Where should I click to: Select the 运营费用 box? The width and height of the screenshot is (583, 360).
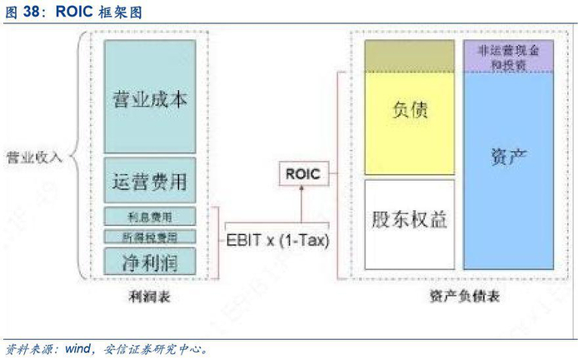pyautogui.click(x=150, y=179)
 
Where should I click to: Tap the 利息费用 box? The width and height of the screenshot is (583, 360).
pyautogui.click(x=150, y=217)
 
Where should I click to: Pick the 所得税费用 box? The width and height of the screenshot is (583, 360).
pyautogui.click(x=150, y=237)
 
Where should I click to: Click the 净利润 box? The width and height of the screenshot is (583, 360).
pyautogui.click(x=150, y=262)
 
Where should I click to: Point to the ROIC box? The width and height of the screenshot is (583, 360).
pyautogui.click(x=302, y=175)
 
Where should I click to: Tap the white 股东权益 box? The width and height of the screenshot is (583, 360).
pyautogui.click(x=410, y=221)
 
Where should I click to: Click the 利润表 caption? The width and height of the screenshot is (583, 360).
pyautogui.click(x=150, y=296)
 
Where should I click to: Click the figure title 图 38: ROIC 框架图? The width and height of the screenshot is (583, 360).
pyautogui.click(x=72, y=12)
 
